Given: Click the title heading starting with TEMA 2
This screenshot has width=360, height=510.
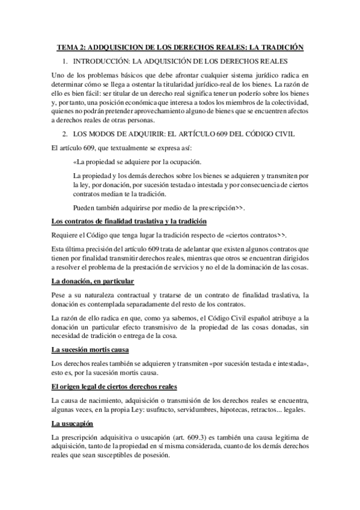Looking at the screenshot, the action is pyautogui.click(x=180, y=46).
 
